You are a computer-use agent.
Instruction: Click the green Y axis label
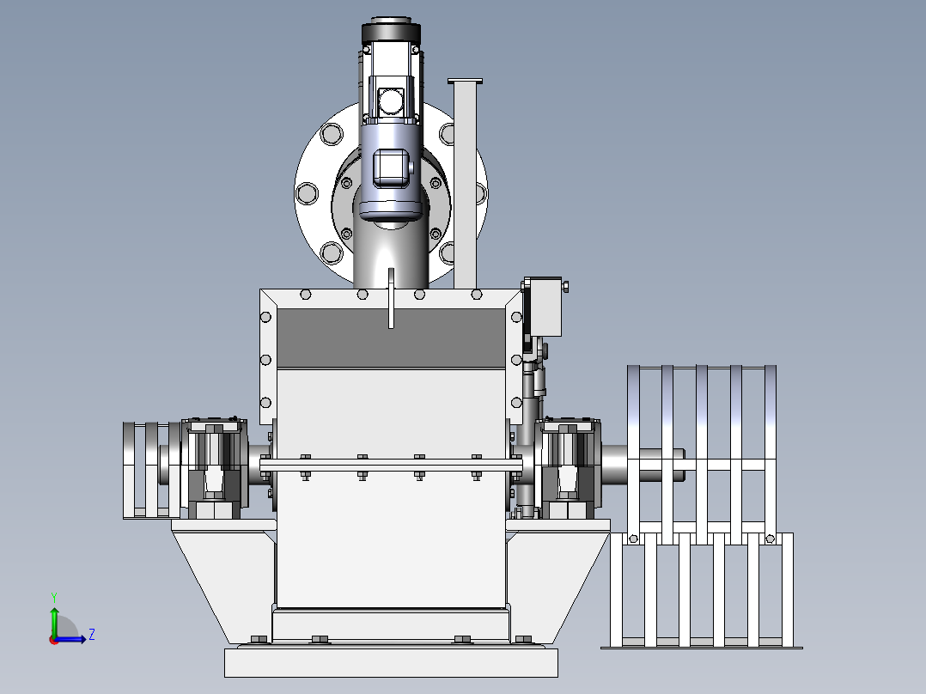(54, 598)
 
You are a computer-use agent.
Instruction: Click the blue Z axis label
(92, 635)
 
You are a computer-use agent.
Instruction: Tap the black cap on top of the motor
(391, 30)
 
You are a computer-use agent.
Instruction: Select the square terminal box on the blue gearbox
(390, 167)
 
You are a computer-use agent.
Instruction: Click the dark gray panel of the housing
(391, 338)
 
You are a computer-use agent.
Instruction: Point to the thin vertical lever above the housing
(391, 298)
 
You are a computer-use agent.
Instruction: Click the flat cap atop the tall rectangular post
(466, 82)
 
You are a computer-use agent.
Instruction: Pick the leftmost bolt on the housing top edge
(305, 294)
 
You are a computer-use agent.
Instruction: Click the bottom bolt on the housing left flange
(265, 403)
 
